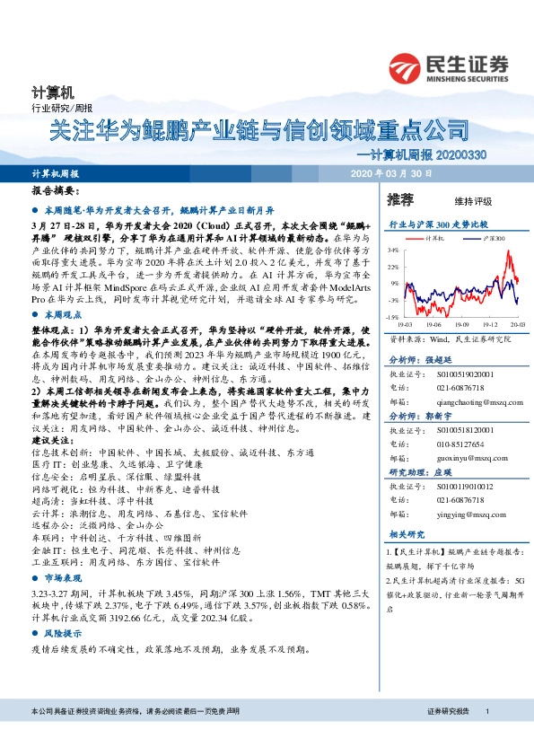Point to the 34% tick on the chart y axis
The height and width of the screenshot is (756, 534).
[393, 251]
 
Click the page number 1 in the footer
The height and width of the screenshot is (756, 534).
[486, 736]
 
